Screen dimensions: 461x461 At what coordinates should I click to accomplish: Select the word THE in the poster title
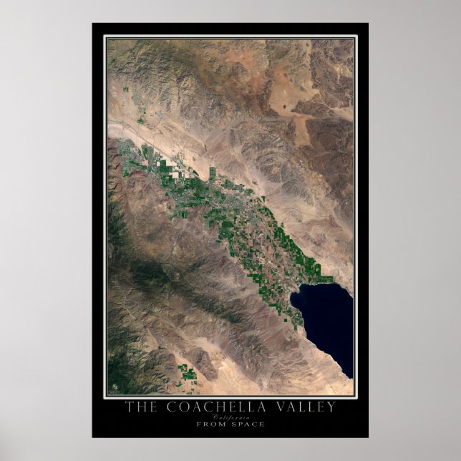140,407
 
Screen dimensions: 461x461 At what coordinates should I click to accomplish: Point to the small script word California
230,417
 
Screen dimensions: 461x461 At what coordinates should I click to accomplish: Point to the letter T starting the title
129,407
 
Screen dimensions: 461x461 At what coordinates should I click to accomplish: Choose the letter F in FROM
197,424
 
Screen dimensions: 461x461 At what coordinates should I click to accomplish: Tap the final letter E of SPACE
262,424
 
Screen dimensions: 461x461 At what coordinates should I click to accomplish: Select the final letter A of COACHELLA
258,407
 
